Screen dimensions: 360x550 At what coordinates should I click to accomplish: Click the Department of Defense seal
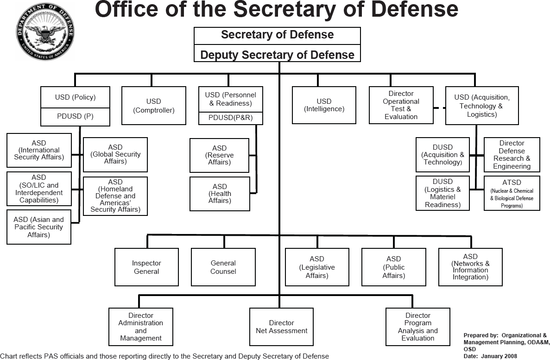click(x=44, y=32)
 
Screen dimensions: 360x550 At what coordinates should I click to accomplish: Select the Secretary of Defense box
click(x=277, y=35)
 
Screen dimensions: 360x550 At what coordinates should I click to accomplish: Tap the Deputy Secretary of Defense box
click(x=277, y=54)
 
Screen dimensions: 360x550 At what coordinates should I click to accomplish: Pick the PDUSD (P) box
click(x=75, y=117)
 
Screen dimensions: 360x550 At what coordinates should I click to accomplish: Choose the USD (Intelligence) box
click(x=324, y=105)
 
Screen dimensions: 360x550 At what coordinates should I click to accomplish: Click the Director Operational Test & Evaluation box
click(x=401, y=105)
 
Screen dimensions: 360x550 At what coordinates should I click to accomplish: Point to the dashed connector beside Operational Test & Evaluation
click(x=439, y=107)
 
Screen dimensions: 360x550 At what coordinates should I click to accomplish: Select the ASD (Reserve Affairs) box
click(x=219, y=155)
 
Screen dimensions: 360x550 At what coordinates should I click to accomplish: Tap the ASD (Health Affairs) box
click(x=219, y=194)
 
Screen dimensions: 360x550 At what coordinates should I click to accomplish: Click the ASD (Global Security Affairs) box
click(x=115, y=154)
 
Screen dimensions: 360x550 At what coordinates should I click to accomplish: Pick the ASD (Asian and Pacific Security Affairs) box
click(x=38, y=227)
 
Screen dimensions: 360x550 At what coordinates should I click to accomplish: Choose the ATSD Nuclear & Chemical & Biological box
click(x=512, y=193)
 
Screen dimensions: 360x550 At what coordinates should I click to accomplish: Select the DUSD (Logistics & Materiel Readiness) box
click(x=443, y=193)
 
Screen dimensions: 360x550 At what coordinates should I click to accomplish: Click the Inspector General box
click(x=146, y=267)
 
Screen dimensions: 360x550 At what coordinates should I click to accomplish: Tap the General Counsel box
click(x=223, y=267)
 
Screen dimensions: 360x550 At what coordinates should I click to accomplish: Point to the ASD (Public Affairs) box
click(x=393, y=267)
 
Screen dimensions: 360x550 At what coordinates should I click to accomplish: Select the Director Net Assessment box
click(x=281, y=327)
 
